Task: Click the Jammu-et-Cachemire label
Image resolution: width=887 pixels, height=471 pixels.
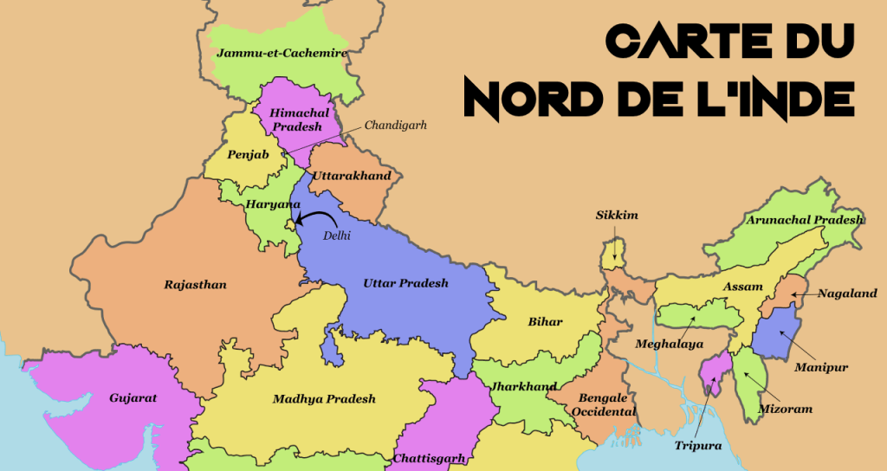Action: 282,54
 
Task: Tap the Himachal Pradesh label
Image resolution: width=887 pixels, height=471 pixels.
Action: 295,120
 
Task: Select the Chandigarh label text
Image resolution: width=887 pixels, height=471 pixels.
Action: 395,126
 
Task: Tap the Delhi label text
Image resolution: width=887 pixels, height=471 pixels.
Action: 336,235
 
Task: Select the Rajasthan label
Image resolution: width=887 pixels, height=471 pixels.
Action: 195,284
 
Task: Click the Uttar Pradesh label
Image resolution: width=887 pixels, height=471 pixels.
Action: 405,283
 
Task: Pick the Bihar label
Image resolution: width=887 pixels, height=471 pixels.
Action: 545,322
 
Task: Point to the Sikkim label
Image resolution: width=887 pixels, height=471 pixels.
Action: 616,216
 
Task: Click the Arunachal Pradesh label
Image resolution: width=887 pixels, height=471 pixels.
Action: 806,220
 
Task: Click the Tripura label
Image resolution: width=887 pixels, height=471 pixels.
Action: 697,447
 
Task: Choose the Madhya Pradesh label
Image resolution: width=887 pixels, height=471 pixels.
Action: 324,399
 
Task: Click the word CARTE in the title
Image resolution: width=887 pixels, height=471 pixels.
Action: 676,41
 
